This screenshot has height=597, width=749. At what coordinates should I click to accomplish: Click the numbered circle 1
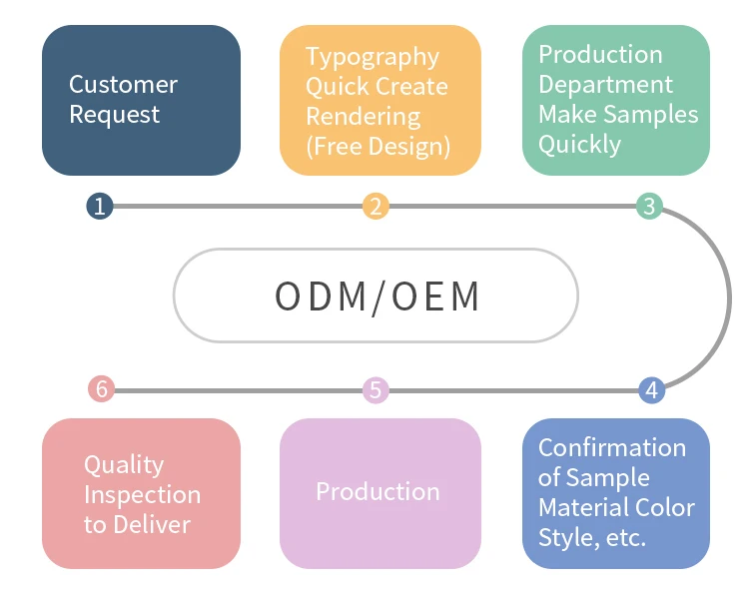(x=99, y=207)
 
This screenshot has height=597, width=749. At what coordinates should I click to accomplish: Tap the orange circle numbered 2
(x=375, y=207)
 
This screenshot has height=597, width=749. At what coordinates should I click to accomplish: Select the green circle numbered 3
(x=649, y=207)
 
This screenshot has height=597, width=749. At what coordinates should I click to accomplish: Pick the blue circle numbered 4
(x=651, y=390)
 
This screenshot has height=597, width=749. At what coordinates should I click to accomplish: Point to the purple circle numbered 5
(x=375, y=390)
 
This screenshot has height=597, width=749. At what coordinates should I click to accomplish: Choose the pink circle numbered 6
(x=100, y=389)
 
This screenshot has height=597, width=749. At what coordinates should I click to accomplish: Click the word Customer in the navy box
(x=123, y=85)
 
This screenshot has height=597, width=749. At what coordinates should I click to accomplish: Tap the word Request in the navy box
(x=114, y=115)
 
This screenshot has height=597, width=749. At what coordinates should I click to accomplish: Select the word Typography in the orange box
(x=372, y=57)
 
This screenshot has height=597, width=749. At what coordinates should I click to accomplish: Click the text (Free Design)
(x=377, y=147)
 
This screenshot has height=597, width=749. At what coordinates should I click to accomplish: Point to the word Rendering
(x=363, y=117)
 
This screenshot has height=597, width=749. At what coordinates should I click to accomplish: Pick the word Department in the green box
(x=605, y=85)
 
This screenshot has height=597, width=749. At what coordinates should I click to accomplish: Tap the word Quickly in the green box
(x=579, y=145)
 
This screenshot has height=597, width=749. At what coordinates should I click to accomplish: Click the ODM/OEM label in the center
(x=376, y=297)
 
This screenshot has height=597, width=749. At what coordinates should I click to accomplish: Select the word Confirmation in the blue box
(x=611, y=447)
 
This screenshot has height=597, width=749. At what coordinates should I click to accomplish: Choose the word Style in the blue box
(x=565, y=537)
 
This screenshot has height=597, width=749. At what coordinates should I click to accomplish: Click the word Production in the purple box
(x=377, y=491)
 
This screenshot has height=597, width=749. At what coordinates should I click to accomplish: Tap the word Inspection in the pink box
(x=142, y=494)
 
